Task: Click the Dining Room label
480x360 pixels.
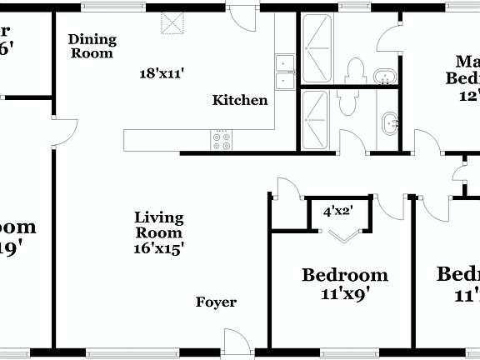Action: pyautogui.click(x=92, y=45)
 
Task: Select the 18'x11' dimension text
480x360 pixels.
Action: pyautogui.click(x=161, y=72)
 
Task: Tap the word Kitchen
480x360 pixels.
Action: pyautogui.click(x=240, y=101)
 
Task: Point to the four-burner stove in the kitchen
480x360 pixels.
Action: pyautogui.click(x=222, y=141)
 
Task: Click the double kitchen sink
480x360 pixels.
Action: pyautogui.click(x=284, y=71)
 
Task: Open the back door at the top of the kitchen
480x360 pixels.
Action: pyautogui.click(x=242, y=18)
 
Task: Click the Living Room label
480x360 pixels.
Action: pyautogui.click(x=158, y=225)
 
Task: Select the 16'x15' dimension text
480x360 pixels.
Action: pyautogui.click(x=158, y=247)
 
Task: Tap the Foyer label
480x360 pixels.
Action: pyautogui.click(x=216, y=302)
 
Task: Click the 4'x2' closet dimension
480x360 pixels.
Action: pyautogui.click(x=337, y=212)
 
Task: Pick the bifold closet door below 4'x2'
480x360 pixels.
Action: pyautogui.click(x=342, y=237)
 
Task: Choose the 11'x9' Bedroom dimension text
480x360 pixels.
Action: pyautogui.click(x=344, y=293)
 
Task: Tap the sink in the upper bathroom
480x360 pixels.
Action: pyautogui.click(x=385, y=78)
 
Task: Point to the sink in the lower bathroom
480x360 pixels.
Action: pyautogui.click(x=389, y=126)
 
